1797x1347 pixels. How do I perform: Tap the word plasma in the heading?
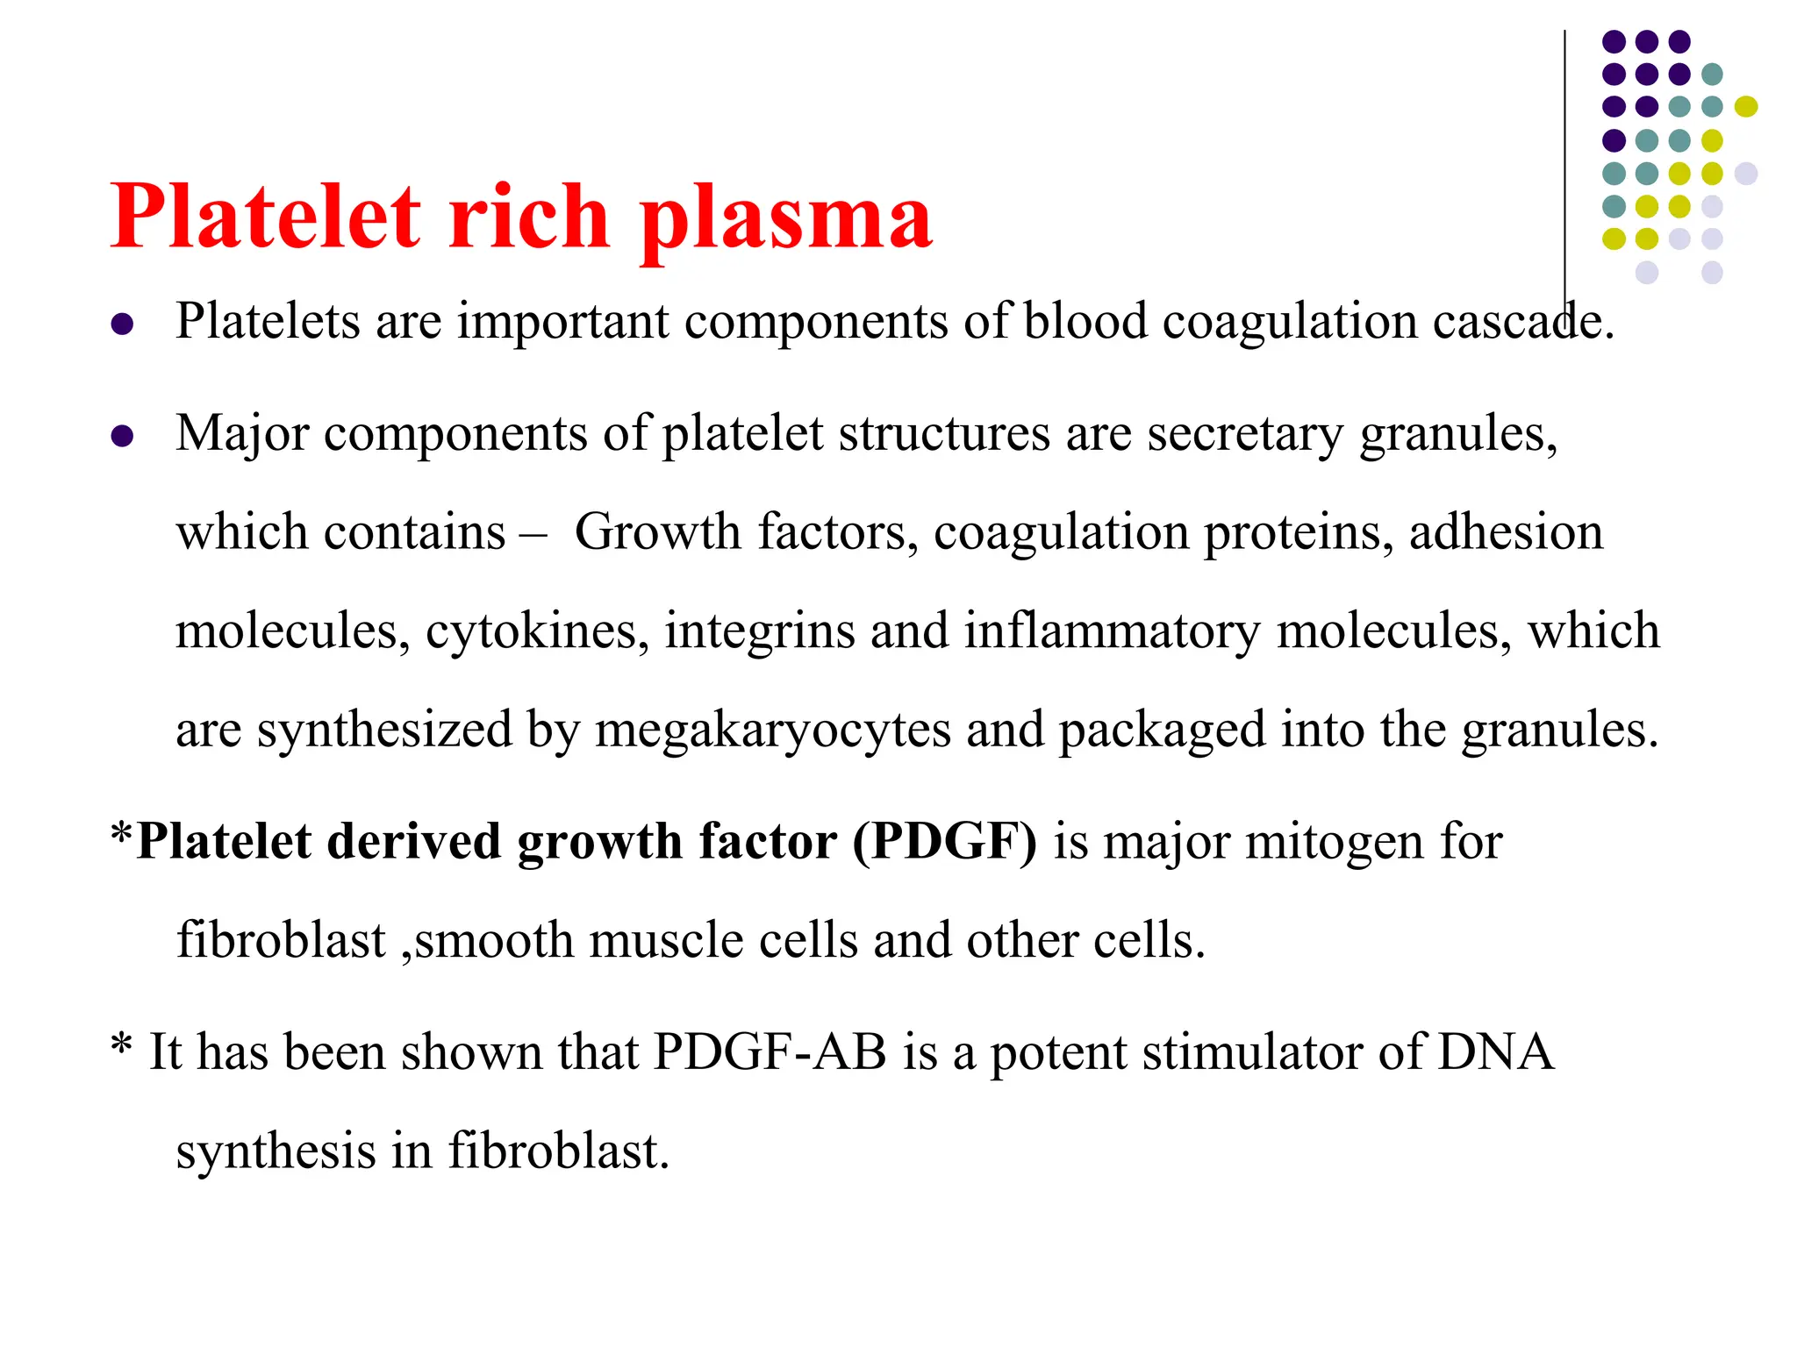point(785,219)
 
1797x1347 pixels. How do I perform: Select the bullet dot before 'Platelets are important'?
point(123,324)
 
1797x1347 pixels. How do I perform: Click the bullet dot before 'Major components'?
point(123,436)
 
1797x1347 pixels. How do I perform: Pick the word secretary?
point(1244,434)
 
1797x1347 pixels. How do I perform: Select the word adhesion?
point(1506,532)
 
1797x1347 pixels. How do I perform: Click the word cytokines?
point(537,631)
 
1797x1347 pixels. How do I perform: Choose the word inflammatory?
point(1112,631)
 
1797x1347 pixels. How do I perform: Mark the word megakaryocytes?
point(772,731)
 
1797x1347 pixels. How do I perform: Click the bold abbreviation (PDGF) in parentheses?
point(945,842)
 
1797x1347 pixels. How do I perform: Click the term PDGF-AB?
point(770,1051)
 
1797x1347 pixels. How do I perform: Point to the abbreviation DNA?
point(1495,1051)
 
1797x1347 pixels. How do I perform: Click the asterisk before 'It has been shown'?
point(122,1045)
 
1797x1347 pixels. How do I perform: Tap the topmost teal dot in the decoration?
point(1712,75)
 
